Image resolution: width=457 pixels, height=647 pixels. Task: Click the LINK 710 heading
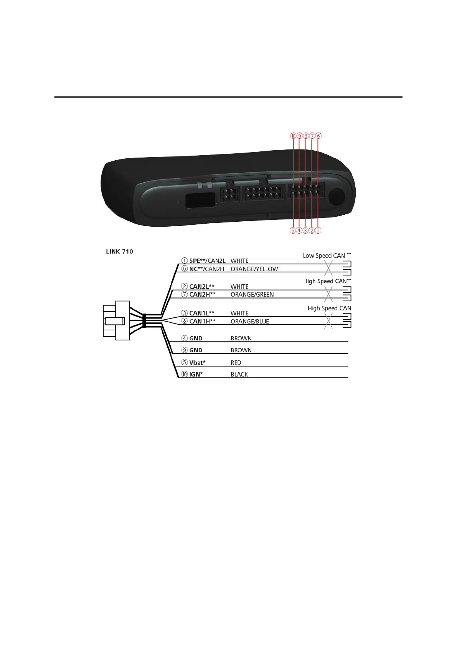click(119, 252)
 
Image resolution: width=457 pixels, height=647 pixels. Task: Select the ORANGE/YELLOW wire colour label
click(254, 269)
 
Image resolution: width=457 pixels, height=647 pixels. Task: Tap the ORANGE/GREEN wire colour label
click(252, 295)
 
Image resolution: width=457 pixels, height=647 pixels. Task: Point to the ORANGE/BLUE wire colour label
click(249, 322)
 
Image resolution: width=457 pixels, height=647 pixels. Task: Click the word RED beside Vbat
click(236, 363)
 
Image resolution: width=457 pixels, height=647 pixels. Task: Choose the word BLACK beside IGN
click(239, 374)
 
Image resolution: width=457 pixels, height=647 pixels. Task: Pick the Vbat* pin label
click(197, 363)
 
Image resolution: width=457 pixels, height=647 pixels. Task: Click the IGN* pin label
click(196, 374)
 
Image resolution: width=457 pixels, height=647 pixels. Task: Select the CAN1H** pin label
click(202, 322)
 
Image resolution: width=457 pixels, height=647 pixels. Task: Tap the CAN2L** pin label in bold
click(202, 287)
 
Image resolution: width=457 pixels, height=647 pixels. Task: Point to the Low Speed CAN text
click(324, 256)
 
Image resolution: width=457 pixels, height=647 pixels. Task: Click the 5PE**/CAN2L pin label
click(207, 261)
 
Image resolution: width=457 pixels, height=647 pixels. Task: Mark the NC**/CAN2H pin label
click(206, 269)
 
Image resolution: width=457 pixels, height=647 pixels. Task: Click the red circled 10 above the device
click(293, 136)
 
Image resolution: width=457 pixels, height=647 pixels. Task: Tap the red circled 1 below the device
click(318, 231)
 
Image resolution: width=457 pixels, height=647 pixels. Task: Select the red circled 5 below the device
click(293, 231)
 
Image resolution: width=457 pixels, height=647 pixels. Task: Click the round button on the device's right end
click(337, 196)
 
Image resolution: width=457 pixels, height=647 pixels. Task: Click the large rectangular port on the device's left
click(200, 200)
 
